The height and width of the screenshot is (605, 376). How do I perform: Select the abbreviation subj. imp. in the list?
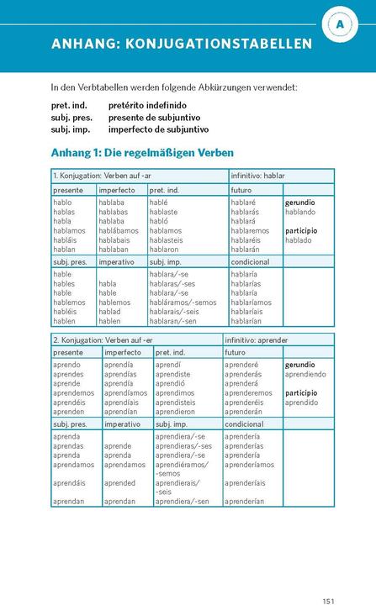click(71, 129)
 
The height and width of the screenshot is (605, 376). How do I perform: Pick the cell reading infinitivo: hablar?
click(258, 176)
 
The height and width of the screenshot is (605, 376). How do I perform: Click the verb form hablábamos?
click(119, 230)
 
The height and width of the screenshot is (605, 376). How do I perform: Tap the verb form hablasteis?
click(172, 239)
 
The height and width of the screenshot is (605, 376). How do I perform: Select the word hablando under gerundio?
click(300, 212)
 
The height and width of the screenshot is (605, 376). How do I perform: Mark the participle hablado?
click(299, 239)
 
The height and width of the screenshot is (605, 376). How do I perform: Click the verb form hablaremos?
click(250, 230)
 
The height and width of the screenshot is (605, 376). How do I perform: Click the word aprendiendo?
click(306, 375)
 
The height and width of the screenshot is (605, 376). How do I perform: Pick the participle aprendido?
click(301, 402)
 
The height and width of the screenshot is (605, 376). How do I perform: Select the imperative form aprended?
click(119, 483)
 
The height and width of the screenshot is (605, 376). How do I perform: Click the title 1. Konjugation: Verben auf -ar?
click(102, 176)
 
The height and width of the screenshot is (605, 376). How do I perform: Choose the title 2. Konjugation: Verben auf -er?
click(103, 339)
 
